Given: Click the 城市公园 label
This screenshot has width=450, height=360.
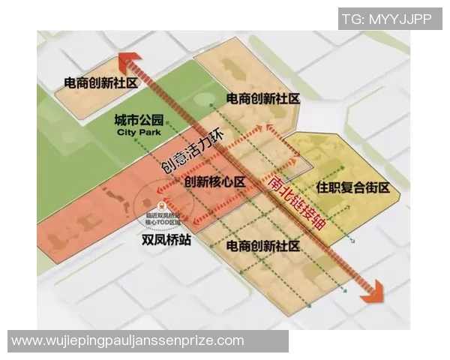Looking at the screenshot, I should pos(139,119).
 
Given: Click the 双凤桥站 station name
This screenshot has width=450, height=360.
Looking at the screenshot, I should pos(169,241).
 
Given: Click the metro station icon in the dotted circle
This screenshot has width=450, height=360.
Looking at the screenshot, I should pos(160,204).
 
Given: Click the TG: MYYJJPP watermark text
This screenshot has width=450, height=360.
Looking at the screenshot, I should pos(386,19).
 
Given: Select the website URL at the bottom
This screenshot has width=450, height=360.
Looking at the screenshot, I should pos(127,340).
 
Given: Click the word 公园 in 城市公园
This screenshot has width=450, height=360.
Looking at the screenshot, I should pos(151,119).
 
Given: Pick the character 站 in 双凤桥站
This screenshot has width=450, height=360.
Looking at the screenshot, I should pos(188,241).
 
